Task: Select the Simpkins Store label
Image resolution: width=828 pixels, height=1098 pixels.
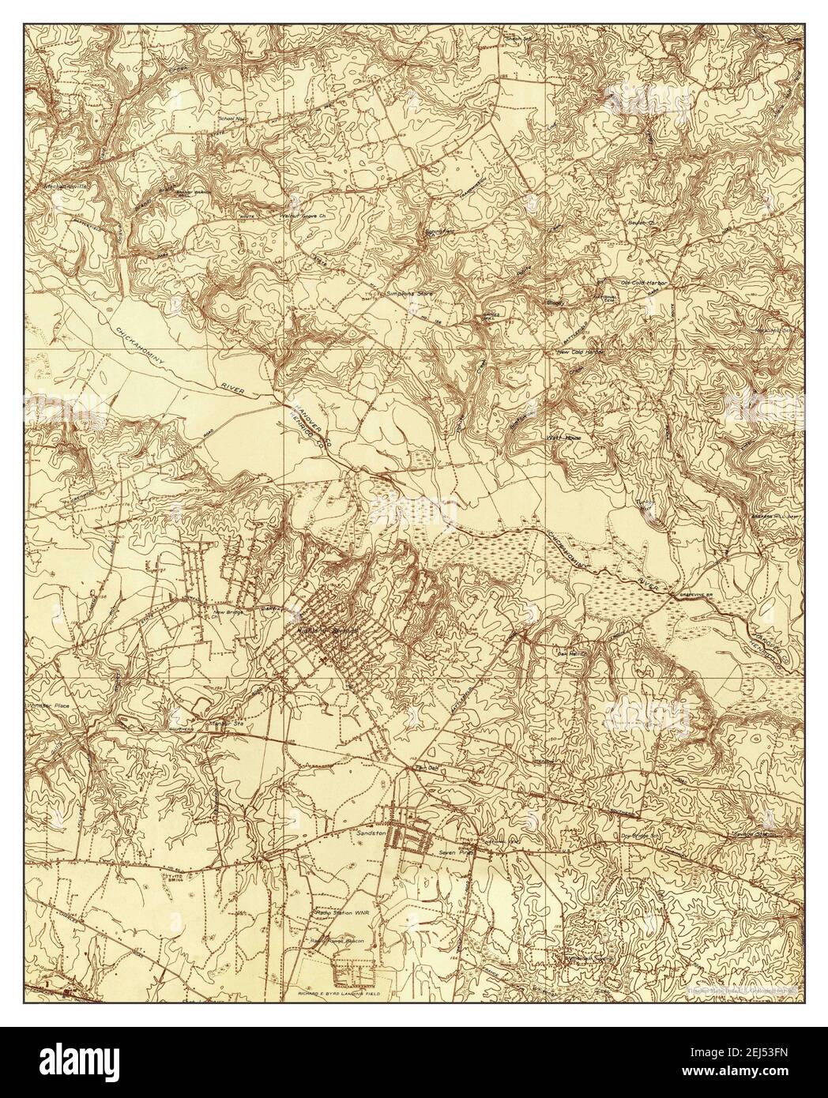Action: (386, 292)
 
